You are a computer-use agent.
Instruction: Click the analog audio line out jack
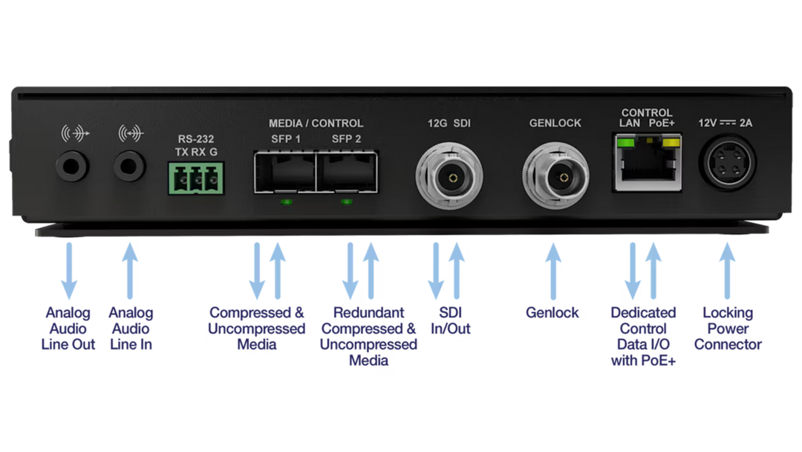click(71, 165)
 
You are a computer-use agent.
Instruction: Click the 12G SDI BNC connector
click(449, 177)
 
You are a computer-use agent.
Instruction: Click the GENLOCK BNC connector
click(557, 177)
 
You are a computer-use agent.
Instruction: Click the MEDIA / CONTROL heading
click(316, 123)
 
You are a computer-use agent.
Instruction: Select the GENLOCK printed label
click(555, 123)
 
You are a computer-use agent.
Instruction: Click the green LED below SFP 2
click(346, 201)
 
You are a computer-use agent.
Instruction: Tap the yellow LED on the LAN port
click(674, 142)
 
